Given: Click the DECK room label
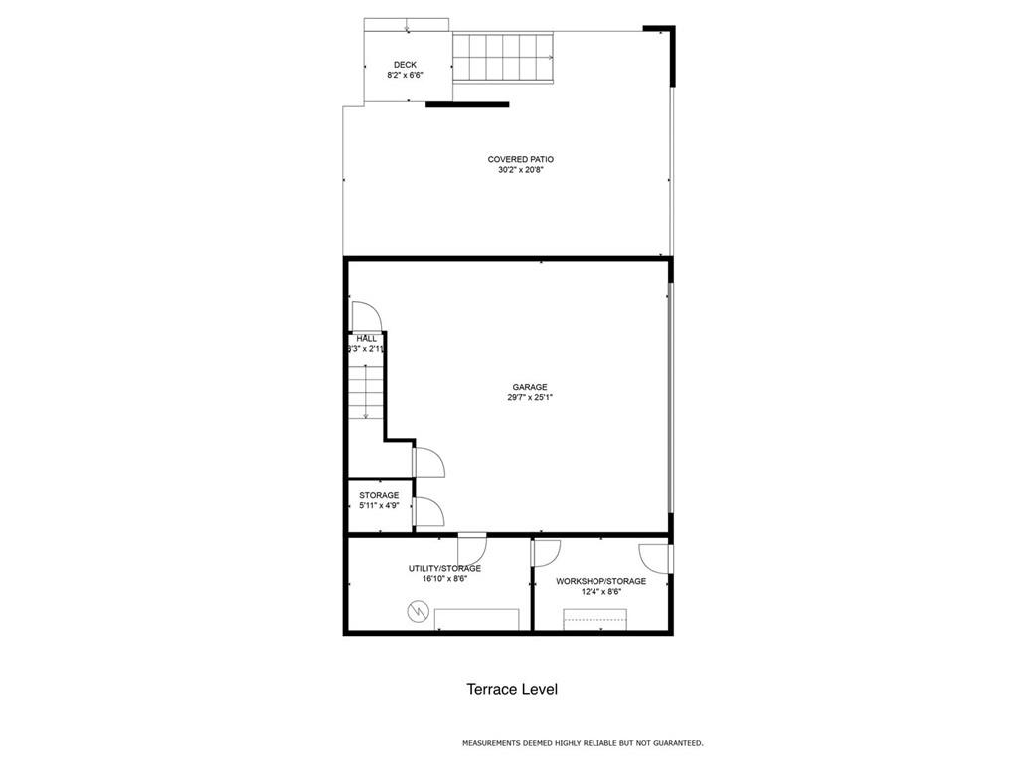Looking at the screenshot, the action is (x=405, y=65).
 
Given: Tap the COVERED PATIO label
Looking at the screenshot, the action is (x=521, y=159).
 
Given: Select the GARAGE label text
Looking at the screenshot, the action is (x=530, y=387).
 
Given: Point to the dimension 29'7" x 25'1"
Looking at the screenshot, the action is (x=530, y=398).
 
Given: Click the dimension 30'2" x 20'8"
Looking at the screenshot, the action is (x=521, y=170).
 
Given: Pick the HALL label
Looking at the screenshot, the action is (x=366, y=338).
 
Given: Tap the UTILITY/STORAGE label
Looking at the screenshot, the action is (x=444, y=568).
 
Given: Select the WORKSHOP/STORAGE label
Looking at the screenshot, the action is (x=600, y=581).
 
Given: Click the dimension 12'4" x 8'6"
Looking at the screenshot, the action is (x=601, y=592).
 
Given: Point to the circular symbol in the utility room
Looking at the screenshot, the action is (x=417, y=612).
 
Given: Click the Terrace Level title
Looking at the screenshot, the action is (x=512, y=689).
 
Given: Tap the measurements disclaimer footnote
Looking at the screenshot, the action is (x=583, y=742).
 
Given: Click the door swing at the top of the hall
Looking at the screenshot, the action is (x=366, y=317).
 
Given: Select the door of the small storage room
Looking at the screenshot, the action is (x=428, y=511).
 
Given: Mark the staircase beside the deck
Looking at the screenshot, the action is (x=503, y=58).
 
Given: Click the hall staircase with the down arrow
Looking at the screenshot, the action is (x=366, y=392).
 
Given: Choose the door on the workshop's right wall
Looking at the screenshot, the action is (x=655, y=559).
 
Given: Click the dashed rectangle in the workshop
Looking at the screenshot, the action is (x=594, y=619).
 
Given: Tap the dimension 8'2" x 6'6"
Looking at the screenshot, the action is (x=405, y=75).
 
